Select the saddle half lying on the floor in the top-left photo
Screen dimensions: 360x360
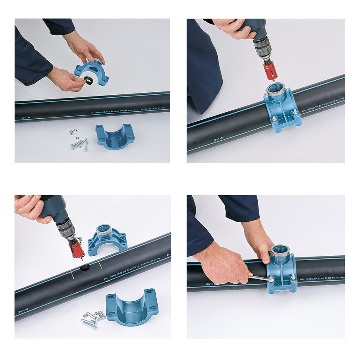point(115,137)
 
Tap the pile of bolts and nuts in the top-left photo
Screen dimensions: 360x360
point(79,141)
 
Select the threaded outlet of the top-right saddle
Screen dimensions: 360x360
point(276,89)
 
